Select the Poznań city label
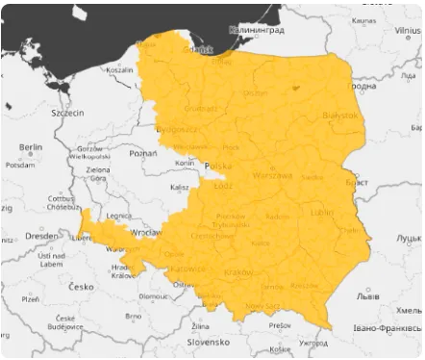142,153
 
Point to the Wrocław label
147,232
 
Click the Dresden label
41,235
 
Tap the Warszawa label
271,176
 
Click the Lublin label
322,211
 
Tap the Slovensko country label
208,341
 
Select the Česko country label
81,286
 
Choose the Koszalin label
119,69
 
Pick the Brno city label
135,315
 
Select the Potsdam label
19,165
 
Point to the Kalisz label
180,187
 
